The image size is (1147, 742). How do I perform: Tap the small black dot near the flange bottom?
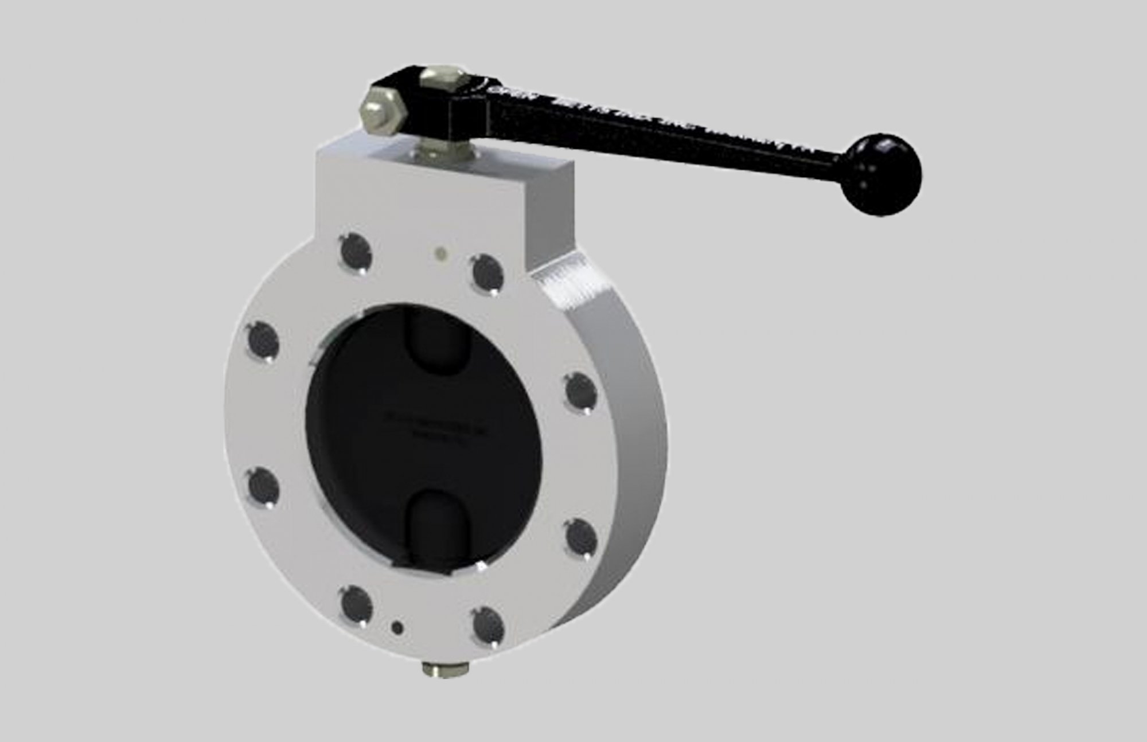(x=396, y=627)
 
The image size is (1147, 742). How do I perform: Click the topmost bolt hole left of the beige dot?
(x=355, y=250)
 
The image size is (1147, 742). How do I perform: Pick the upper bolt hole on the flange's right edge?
(x=581, y=391)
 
